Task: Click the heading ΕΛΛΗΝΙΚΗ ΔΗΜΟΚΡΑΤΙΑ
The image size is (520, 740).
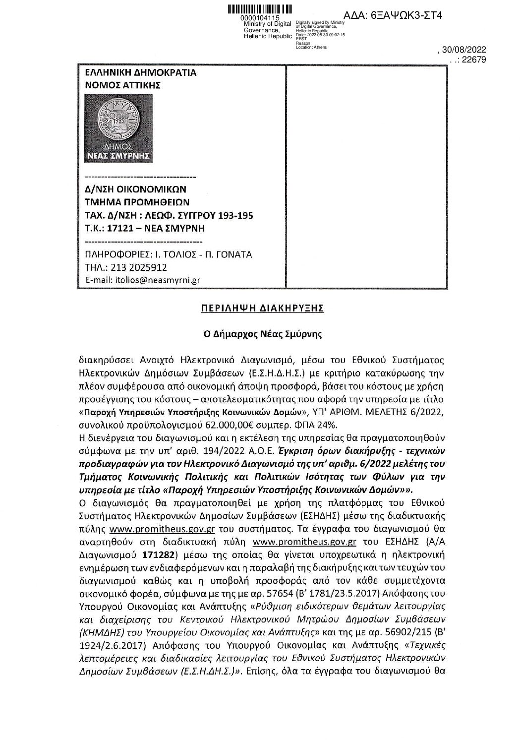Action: pyautogui.click(x=141, y=72)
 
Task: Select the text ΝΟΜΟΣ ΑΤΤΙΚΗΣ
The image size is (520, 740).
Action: pyautogui.click(x=123, y=85)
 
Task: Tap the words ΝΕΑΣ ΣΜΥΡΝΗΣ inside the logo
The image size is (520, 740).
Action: pyautogui.click(x=119, y=157)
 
